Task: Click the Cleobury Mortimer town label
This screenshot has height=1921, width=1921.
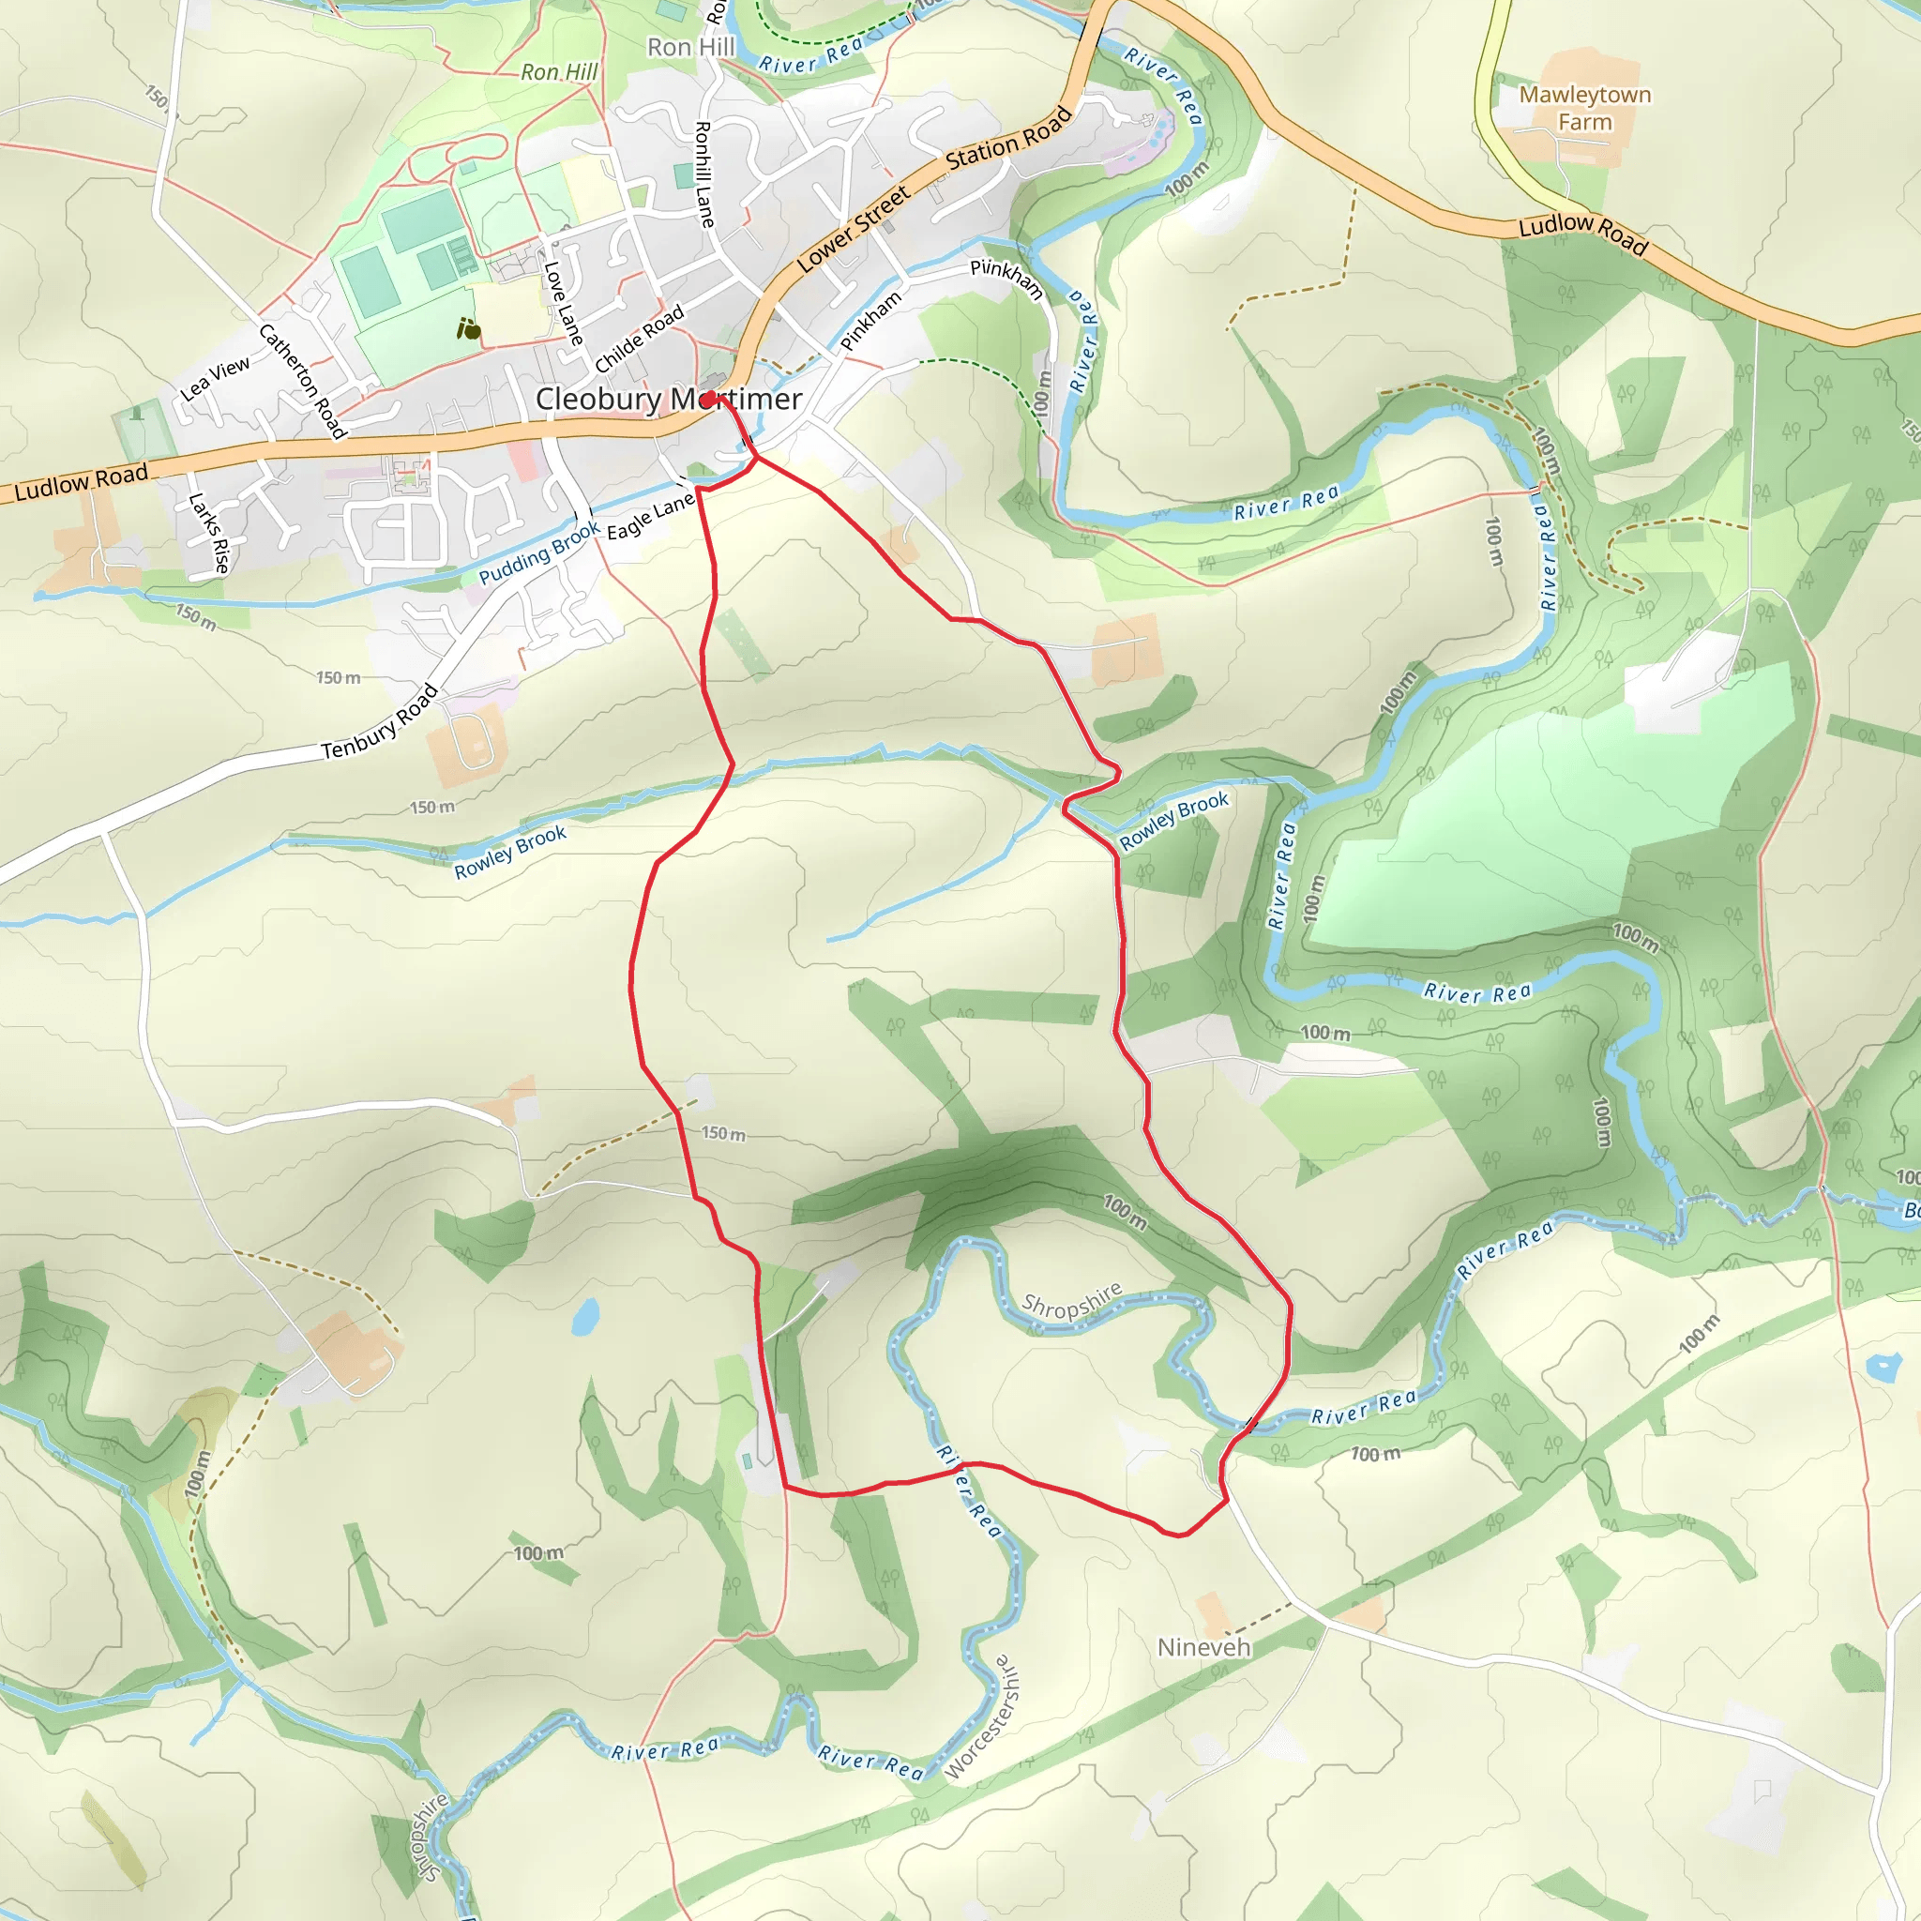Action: click(667, 399)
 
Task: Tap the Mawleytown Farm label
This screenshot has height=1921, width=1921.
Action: click(1584, 109)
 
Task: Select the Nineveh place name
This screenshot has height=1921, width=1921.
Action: click(1203, 1646)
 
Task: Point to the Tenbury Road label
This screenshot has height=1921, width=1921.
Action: click(380, 723)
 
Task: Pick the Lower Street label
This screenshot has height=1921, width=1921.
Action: click(854, 229)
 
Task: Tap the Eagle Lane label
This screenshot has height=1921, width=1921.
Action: click(650, 517)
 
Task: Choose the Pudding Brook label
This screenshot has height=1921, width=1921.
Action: click(539, 552)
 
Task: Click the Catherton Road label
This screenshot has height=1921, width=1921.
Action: click(302, 381)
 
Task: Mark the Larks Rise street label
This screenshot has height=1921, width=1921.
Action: click(210, 533)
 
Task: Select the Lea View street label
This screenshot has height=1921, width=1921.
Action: click(215, 379)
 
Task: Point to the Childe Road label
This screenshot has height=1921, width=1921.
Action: click(640, 339)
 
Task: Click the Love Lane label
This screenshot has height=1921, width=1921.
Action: click(563, 304)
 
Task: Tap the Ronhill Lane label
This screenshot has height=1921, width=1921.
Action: click(704, 175)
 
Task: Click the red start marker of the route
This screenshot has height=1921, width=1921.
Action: click(708, 400)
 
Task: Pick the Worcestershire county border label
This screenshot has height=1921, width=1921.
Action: click(982, 1717)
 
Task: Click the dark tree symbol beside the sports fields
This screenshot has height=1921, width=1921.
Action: click(468, 329)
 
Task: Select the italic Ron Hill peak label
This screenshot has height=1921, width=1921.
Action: click(560, 71)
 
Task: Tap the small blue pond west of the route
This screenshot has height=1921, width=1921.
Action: click(584, 1315)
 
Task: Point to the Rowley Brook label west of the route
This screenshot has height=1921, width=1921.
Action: click(510, 851)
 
